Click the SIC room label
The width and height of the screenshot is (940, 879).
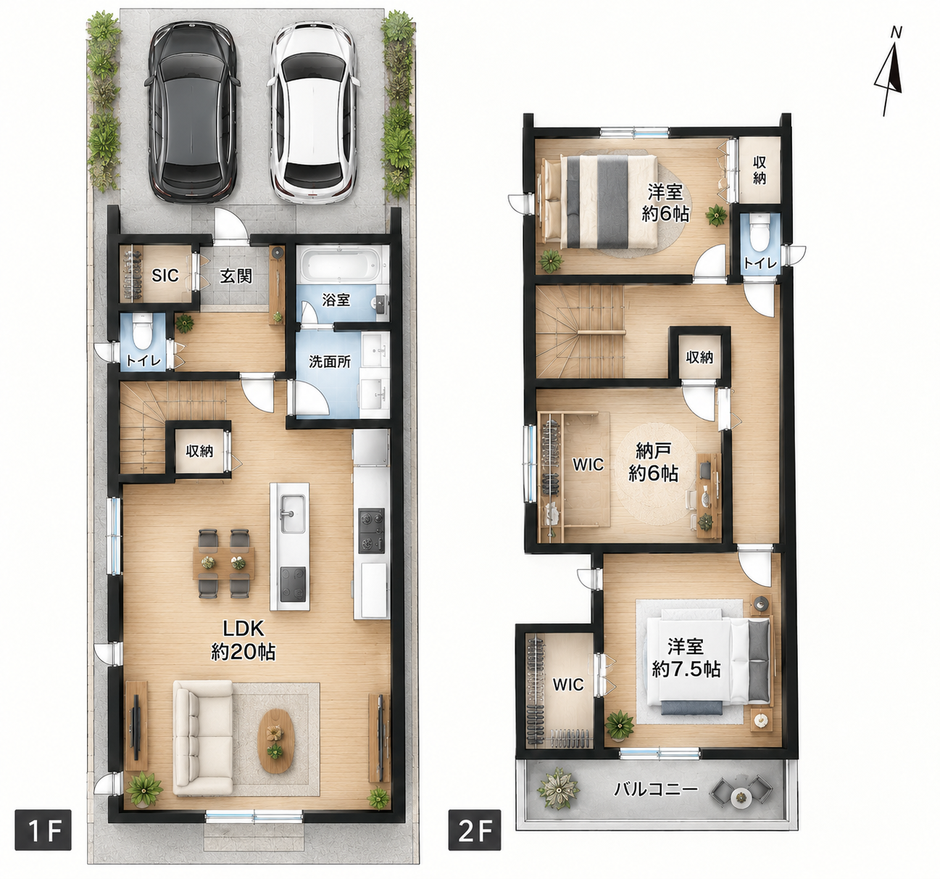(x=165, y=276)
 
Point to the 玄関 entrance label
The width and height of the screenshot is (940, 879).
(x=236, y=276)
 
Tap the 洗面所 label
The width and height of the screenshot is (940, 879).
(x=330, y=362)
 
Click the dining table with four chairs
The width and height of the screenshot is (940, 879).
(x=223, y=564)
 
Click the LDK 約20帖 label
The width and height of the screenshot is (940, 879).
(x=244, y=640)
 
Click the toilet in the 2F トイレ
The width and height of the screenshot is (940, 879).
(x=760, y=237)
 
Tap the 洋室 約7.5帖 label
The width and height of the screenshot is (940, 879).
(x=686, y=659)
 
